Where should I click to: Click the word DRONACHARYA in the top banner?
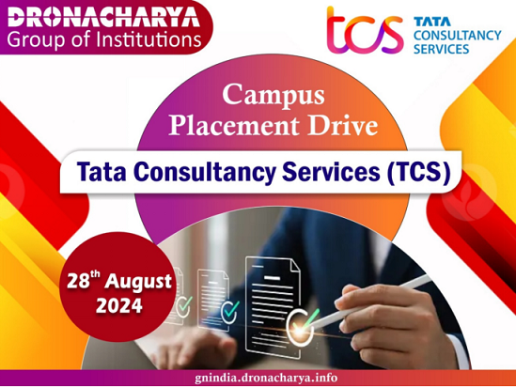[104, 17]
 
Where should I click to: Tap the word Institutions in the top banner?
[149, 39]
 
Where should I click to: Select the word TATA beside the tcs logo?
[432, 22]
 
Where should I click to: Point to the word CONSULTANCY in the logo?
[458, 35]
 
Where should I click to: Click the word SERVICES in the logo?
[442, 49]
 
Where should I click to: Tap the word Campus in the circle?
[274, 95]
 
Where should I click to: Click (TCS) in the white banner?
[419, 172]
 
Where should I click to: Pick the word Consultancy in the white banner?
[204, 172]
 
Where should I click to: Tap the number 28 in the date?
[78, 282]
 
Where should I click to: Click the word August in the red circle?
[138, 282]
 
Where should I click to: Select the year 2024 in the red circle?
[119, 306]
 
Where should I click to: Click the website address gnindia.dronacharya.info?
[266, 377]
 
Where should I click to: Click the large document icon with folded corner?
[273, 306]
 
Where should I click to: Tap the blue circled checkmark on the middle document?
[229, 311]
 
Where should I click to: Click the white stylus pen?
[368, 302]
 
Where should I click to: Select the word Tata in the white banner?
[102, 172]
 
